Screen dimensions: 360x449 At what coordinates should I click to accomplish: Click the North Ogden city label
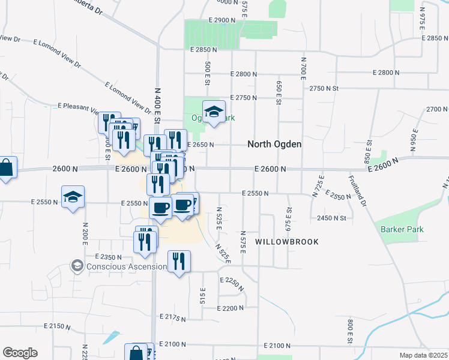tap(274, 145)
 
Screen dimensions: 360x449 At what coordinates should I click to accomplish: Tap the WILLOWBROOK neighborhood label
tap(286, 241)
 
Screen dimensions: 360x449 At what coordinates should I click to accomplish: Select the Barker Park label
tap(402, 229)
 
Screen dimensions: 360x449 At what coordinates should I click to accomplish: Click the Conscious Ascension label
tap(126, 266)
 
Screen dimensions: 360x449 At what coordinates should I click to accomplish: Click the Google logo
tap(20, 353)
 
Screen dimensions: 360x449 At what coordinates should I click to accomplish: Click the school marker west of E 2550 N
tap(73, 197)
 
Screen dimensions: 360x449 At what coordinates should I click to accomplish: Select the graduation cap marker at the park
tap(214, 112)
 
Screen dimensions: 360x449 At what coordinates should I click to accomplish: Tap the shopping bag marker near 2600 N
tap(6, 168)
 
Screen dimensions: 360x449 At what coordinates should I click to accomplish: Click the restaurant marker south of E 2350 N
tap(179, 261)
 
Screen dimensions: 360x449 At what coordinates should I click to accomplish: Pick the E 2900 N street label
tap(223, 20)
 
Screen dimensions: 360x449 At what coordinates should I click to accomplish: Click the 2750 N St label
tap(324, 88)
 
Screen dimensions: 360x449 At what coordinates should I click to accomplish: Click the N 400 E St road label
tap(157, 106)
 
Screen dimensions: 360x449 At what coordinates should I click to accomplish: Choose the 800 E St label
tap(349, 331)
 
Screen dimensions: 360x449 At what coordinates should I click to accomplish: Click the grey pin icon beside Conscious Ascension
tap(77, 265)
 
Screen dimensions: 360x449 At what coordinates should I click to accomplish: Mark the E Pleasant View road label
tap(78, 107)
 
